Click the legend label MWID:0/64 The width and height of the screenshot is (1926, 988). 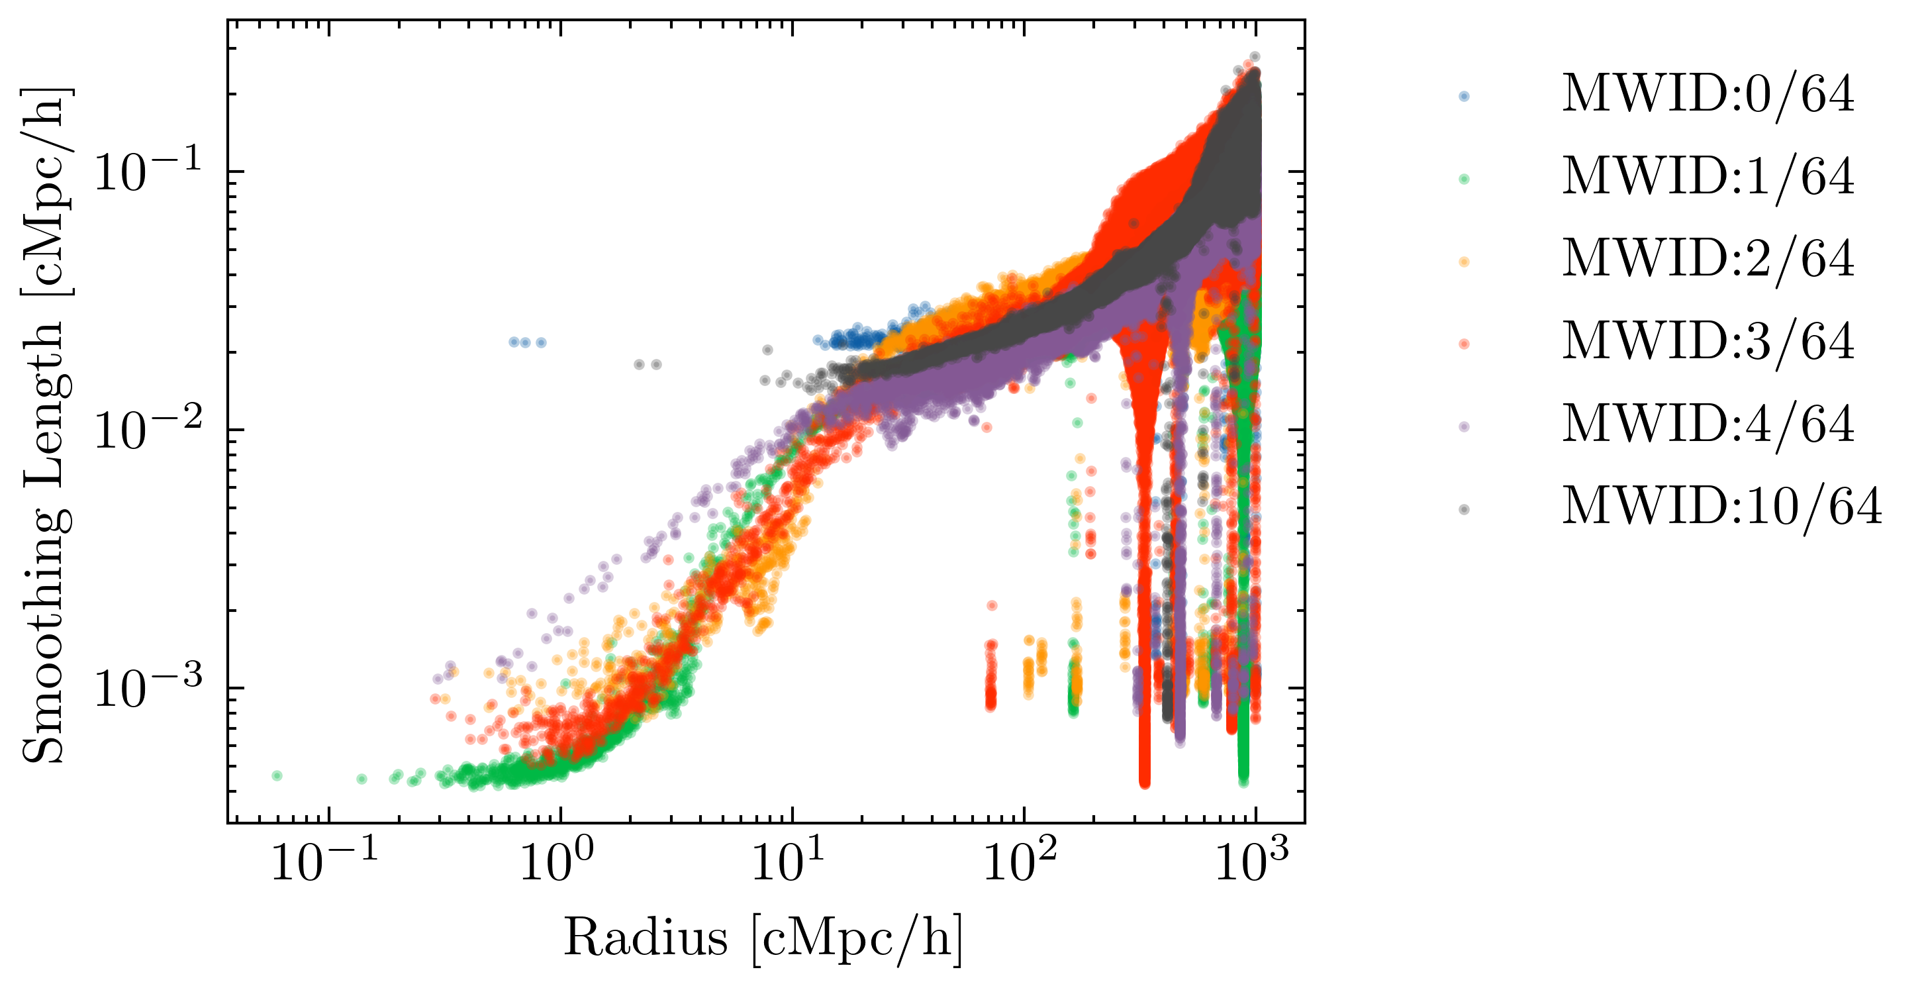click(x=1708, y=95)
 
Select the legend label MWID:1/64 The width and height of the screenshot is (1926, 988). click(x=1708, y=178)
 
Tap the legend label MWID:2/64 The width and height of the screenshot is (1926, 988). click(x=1708, y=260)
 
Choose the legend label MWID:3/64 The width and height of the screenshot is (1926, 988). click(x=1708, y=342)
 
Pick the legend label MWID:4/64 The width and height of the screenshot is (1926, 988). click(x=1708, y=425)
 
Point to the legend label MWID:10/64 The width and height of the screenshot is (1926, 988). click(x=1722, y=508)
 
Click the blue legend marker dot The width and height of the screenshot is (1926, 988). click(x=1464, y=97)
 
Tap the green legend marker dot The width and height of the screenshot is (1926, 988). click(x=1464, y=179)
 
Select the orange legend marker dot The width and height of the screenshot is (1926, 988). click(x=1464, y=262)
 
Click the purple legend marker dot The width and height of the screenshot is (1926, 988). click(x=1464, y=427)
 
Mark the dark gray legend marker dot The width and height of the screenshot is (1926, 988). click(x=1464, y=509)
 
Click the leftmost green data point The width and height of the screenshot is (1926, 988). click(x=277, y=775)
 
